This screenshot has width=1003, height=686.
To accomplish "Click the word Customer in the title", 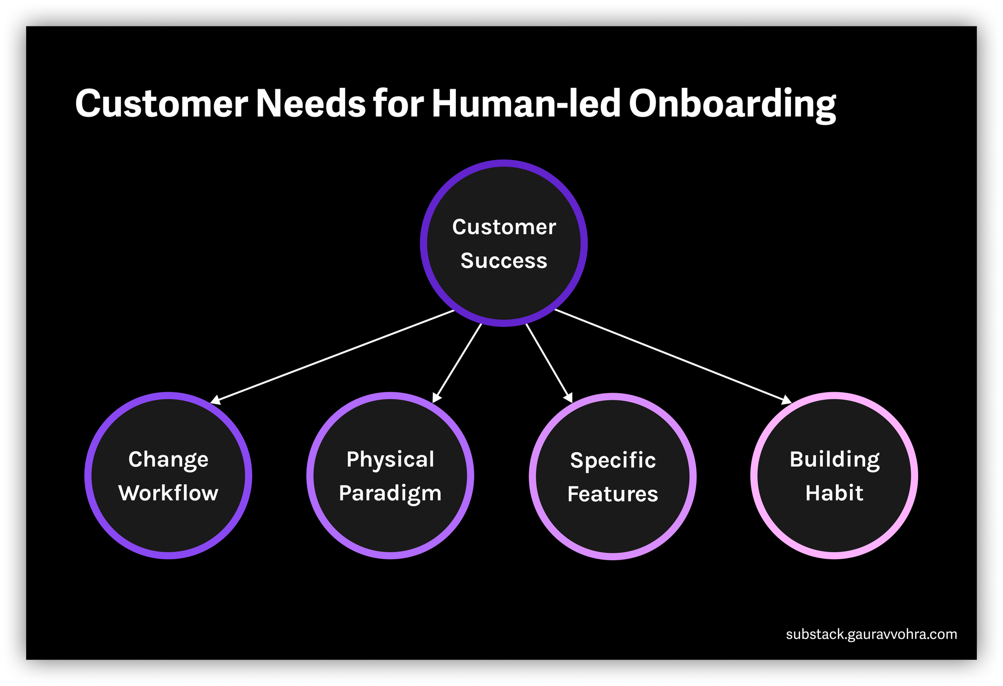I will coord(161,104).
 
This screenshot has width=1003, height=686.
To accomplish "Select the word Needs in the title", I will coord(311,104).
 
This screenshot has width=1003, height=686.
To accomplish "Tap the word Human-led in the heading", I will coord(527,104).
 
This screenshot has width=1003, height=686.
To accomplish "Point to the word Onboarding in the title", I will coord(732,104).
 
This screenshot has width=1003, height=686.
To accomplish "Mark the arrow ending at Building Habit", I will coord(672,356).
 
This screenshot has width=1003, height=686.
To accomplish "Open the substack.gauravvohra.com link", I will coord(871,634).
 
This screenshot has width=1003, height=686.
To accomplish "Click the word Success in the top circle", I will coord(504,261).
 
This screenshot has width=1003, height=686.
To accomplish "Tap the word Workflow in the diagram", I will coord(169,493).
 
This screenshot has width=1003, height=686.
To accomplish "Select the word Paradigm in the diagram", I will coord(390,493).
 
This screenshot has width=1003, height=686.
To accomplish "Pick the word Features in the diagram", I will coord(612,494).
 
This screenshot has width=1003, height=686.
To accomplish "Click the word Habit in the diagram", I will coord(834,493).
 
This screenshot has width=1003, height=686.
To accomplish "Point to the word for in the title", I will coord(399,104).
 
